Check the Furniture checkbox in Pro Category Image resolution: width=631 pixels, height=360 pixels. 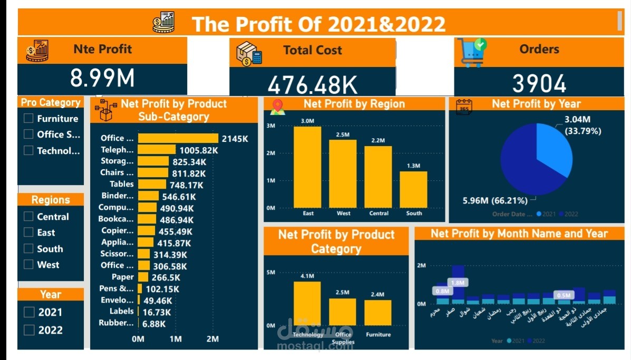(29, 119)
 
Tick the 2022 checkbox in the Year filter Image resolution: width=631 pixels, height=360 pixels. (29, 330)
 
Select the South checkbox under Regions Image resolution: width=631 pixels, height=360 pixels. (29, 249)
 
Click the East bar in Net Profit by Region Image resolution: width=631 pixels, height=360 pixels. (308, 168)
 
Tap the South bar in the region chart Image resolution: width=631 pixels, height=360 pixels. (414, 190)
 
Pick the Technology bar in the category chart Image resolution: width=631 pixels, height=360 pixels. (307, 304)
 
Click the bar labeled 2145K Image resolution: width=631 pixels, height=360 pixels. (178, 138)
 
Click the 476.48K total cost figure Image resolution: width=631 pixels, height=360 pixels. (312, 85)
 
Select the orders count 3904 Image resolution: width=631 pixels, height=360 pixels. (539, 84)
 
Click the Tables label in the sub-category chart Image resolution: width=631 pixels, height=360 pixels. (122, 184)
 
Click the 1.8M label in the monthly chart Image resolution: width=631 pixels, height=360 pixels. (457, 283)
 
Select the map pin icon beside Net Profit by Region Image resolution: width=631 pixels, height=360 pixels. (277, 106)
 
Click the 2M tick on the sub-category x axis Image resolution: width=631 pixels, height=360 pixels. (212, 339)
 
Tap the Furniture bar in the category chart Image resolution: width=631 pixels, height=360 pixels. (378, 313)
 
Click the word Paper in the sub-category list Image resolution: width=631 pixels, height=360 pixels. (123, 277)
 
